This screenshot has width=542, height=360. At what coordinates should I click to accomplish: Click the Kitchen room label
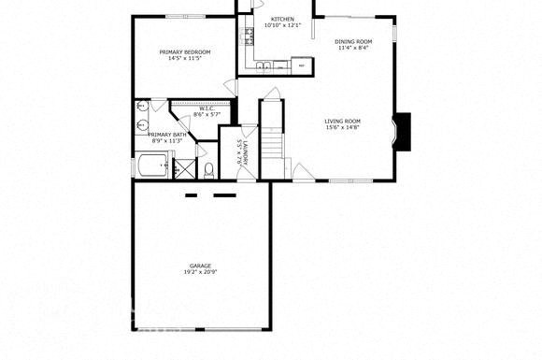(283, 19)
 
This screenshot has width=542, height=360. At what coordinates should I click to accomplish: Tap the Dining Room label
(354, 42)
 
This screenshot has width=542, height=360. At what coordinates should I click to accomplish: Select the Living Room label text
(343, 121)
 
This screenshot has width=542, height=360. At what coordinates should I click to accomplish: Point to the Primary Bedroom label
(184, 51)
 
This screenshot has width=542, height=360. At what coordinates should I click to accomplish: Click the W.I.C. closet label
(207, 108)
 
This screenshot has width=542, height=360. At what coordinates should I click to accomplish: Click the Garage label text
(200, 266)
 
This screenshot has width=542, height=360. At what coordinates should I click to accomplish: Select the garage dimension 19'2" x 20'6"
(200, 272)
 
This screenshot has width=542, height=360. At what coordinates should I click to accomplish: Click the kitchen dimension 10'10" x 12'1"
(283, 25)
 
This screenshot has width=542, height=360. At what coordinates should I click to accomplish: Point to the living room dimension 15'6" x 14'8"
(343, 127)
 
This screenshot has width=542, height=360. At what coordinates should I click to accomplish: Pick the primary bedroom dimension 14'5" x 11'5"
(184, 58)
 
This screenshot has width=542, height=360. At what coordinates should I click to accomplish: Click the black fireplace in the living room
(402, 131)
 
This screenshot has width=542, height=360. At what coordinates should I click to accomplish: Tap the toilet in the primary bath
(211, 169)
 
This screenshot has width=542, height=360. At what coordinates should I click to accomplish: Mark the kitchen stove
(250, 36)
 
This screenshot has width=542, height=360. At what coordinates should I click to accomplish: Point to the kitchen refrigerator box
(302, 66)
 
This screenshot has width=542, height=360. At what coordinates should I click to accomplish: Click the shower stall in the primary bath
(184, 167)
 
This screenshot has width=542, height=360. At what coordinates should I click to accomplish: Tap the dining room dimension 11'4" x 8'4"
(354, 49)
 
